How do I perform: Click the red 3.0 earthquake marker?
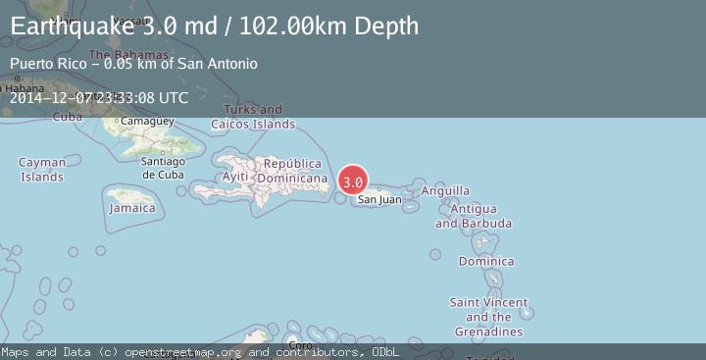353,181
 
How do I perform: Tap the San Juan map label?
379,200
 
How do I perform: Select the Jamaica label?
132,208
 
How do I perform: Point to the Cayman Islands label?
42,170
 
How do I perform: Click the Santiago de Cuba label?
163,168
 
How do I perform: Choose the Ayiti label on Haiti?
235,176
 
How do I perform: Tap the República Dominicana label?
292,171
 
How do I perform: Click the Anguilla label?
444,191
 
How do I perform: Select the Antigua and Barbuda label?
473,216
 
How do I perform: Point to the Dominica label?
486,262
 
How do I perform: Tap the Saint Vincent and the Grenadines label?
488,317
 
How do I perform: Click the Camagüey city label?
146,122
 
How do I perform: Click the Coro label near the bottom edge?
301,345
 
